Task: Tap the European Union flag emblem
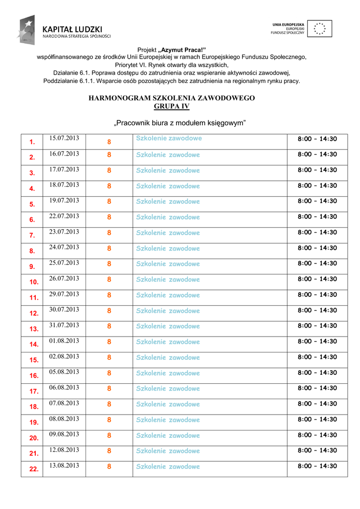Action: pos(319,28)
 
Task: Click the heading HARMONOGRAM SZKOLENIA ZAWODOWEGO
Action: pos(172,98)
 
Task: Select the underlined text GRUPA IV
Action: pos(172,106)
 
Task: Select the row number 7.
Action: pos(32,235)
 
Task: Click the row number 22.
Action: pos(34,469)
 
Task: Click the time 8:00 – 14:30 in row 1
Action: pos(317,139)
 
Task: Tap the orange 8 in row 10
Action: pos(109,279)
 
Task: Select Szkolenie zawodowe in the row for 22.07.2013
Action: pos(168,217)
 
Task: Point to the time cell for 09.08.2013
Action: pos(317,435)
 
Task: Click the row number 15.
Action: pos(34,360)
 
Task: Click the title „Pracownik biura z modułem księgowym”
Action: pos(180,123)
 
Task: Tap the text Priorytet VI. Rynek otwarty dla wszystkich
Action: pos(172,65)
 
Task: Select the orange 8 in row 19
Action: pos(109,420)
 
